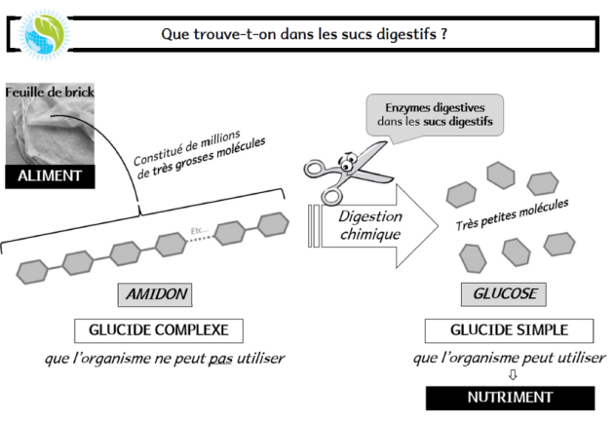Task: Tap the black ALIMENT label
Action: click(49, 176)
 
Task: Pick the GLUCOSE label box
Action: click(498, 293)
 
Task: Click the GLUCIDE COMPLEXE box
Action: click(159, 328)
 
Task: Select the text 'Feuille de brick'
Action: click(49, 93)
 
